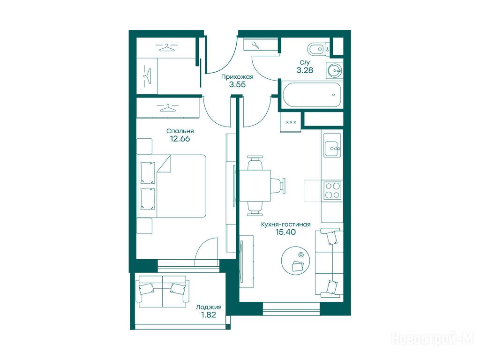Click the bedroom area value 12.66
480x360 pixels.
(x=180, y=139)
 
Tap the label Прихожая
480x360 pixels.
(x=237, y=77)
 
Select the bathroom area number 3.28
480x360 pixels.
(x=305, y=70)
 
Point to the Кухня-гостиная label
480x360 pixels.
(x=285, y=225)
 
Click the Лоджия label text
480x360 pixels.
(x=209, y=307)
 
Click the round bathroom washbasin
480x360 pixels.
(x=334, y=70)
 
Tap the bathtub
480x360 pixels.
(x=312, y=95)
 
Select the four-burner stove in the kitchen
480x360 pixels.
(x=332, y=190)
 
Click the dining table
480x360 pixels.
(x=255, y=186)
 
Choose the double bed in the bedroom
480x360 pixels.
(x=172, y=186)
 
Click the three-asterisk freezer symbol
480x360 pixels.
(x=291, y=122)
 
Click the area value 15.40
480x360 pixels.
(x=285, y=232)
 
